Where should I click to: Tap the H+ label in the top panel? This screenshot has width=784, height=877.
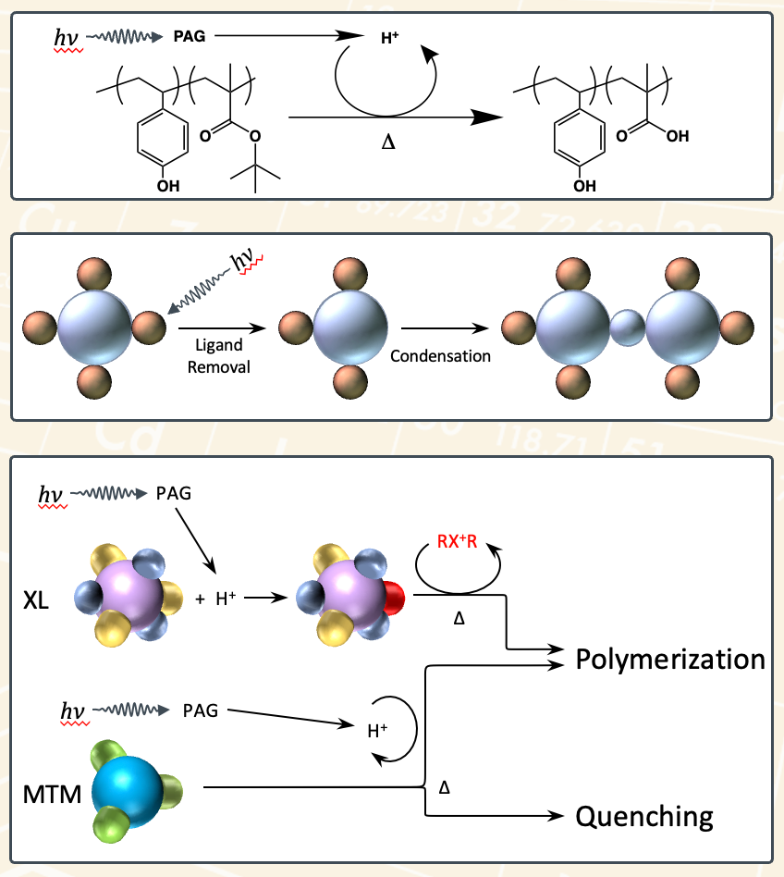tap(389, 37)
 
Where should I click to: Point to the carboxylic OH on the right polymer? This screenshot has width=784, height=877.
tap(677, 137)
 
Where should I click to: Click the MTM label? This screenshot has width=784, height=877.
tap(50, 794)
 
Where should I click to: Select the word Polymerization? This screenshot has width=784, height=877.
tap(669, 660)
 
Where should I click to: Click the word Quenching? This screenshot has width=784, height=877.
tap(644, 816)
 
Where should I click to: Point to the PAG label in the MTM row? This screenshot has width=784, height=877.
tap(201, 710)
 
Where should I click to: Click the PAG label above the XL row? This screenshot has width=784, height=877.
tap(174, 493)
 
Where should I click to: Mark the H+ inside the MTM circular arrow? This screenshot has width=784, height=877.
tap(377, 731)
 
